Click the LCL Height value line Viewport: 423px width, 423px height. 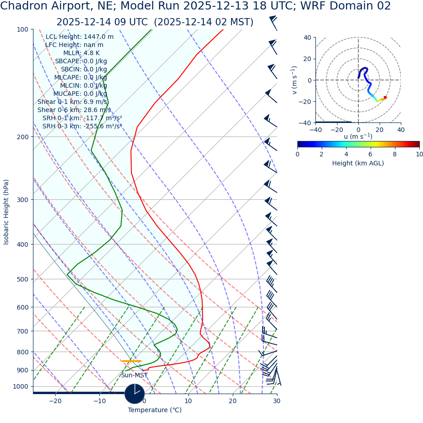click(80, 37)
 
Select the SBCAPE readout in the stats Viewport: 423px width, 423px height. click(81, 61)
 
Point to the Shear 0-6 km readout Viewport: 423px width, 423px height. click(74, 110)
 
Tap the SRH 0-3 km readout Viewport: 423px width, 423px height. click(82, 126)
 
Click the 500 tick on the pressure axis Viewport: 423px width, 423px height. click(23, 279)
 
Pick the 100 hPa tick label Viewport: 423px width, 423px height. click(23, 29)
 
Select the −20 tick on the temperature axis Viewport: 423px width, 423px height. click(55, 401)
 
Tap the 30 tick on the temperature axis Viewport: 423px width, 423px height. click(277, 401)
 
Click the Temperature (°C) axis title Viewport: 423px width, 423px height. click(155, 410)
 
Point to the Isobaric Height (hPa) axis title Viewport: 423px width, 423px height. click(6, 212)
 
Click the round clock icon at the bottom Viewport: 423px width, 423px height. click(134, 394)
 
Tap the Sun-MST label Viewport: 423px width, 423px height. click(134, 375)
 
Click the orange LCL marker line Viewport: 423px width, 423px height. click(132, 361)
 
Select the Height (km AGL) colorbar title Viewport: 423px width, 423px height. click(358, 163)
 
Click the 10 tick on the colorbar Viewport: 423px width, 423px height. click(419, 154)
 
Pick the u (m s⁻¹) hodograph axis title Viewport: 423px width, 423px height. click(358, 136)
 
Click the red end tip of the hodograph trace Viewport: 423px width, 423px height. click(385, 97)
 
